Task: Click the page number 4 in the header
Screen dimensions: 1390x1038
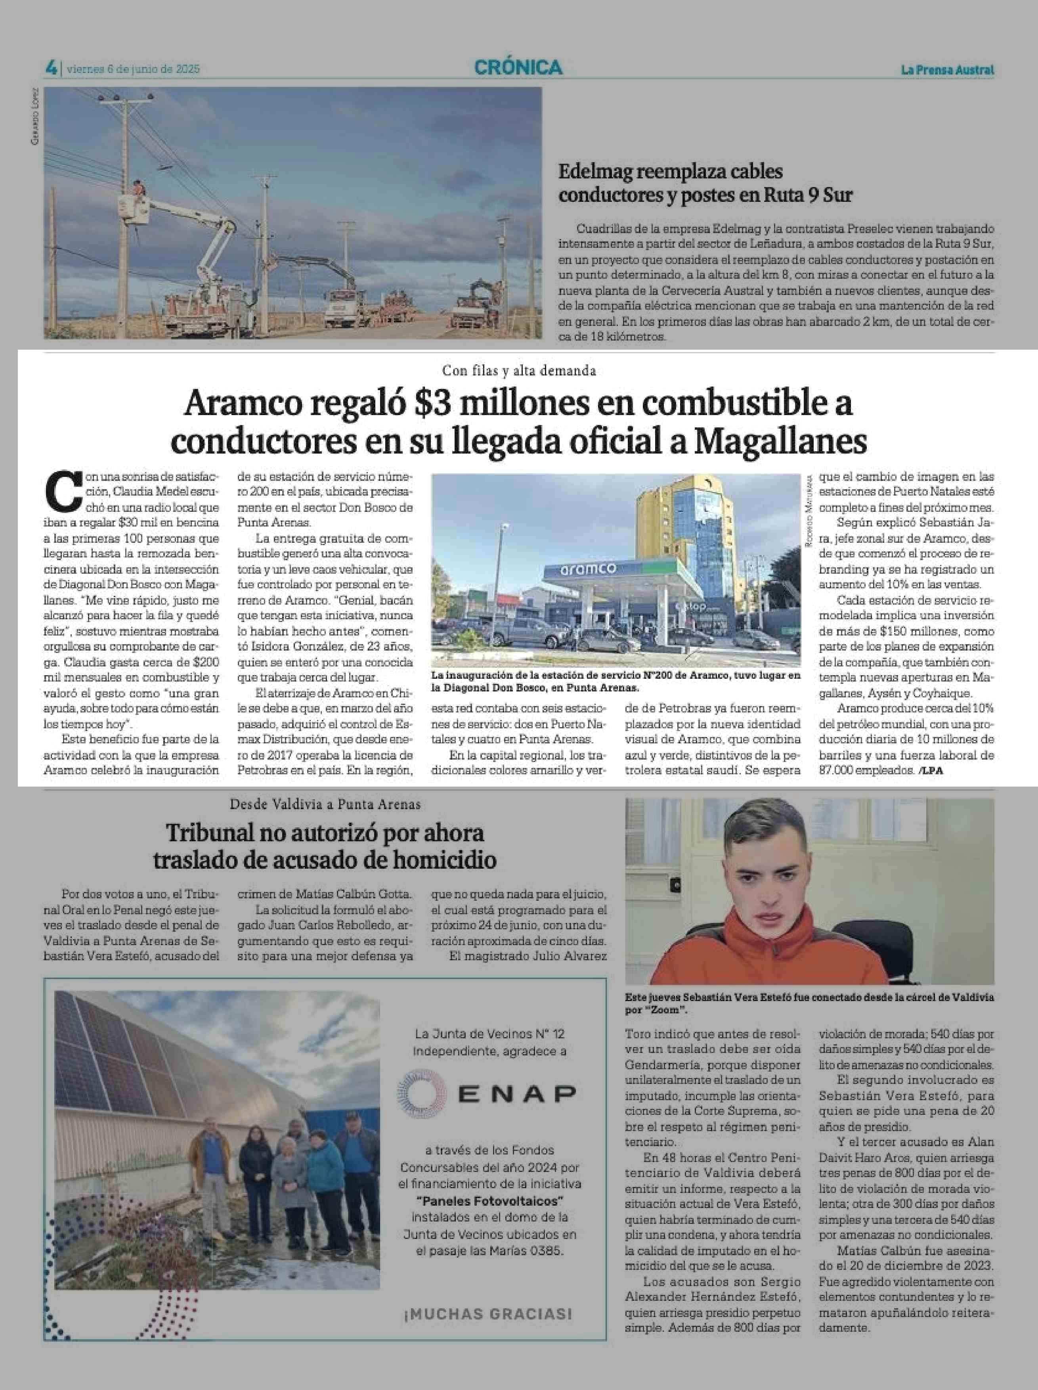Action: (x=51, y=68)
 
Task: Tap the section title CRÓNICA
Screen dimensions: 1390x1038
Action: (x=518, y=67)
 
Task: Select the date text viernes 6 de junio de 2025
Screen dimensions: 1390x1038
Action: (x=133, y=69)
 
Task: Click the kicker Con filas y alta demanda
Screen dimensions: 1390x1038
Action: (x=518, y=371)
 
